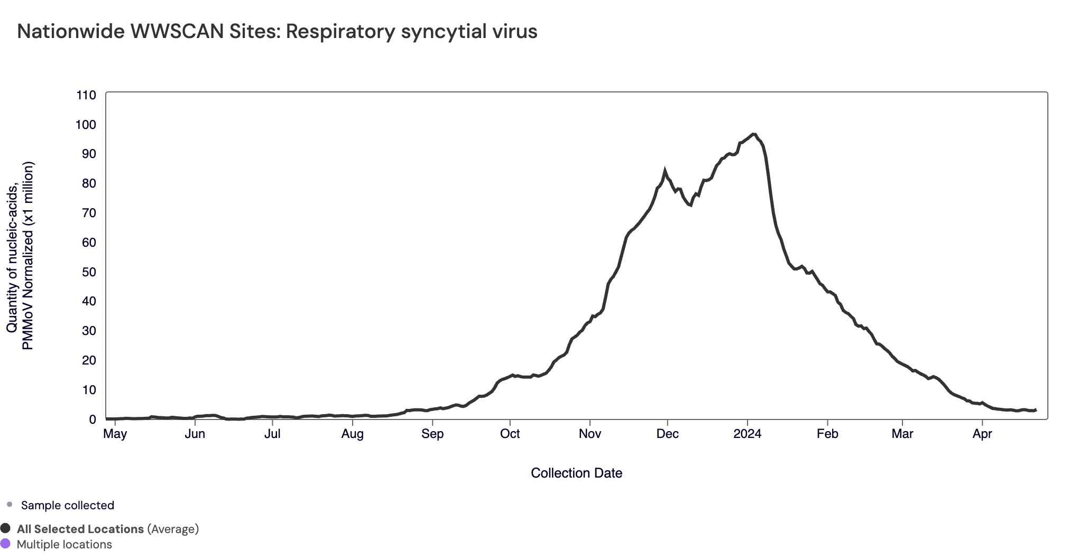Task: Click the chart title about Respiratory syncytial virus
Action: pyautogui.click(x=277, y=32)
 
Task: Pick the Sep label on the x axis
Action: pyautogui.click(x=432, y=434)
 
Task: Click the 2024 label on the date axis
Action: pyautogui.click(x=747, y=434)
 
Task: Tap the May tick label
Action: pyautogui.click(x=115, y=434)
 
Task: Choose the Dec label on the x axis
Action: pyautogui.click(x=667, y=434)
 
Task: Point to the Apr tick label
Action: pyautogui.click(x=982, y=434)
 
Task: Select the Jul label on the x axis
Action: pyautogui.click(x=272, y=434)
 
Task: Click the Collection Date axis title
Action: pyautogui.click(x=576, y=473)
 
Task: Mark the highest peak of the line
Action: pyautogui.click(x=753, y=134)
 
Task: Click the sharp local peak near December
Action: pyautogui.click(x=665, y=171)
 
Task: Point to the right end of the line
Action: pyautogui.click(x=1036, y=410)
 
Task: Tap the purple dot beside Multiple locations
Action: pyautogui.click(x=6, y=544)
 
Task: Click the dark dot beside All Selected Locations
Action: pyautogui.click(x=6, y=528)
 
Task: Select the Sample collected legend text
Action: pyautogui.click(x=68, y=506)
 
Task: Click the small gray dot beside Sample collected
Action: pyautogui.click(x=10, y=505)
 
